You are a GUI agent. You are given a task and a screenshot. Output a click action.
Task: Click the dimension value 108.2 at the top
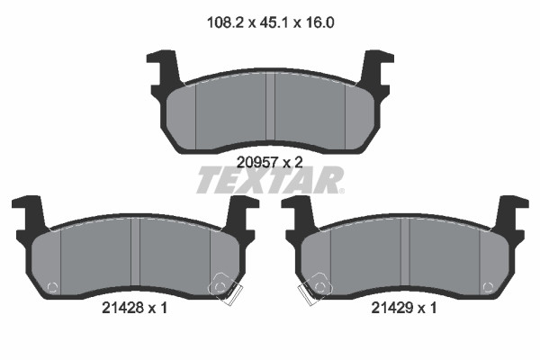225,23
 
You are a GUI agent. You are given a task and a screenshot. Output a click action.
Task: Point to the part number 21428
122,308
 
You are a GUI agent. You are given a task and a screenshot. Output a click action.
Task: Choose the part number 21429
391,308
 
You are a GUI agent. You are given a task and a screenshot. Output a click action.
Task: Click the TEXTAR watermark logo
270,180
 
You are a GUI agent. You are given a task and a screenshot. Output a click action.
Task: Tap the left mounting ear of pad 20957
166,70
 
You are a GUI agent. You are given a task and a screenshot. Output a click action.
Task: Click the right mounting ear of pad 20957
375,70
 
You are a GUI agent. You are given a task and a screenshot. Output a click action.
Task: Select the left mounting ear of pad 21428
31,216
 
